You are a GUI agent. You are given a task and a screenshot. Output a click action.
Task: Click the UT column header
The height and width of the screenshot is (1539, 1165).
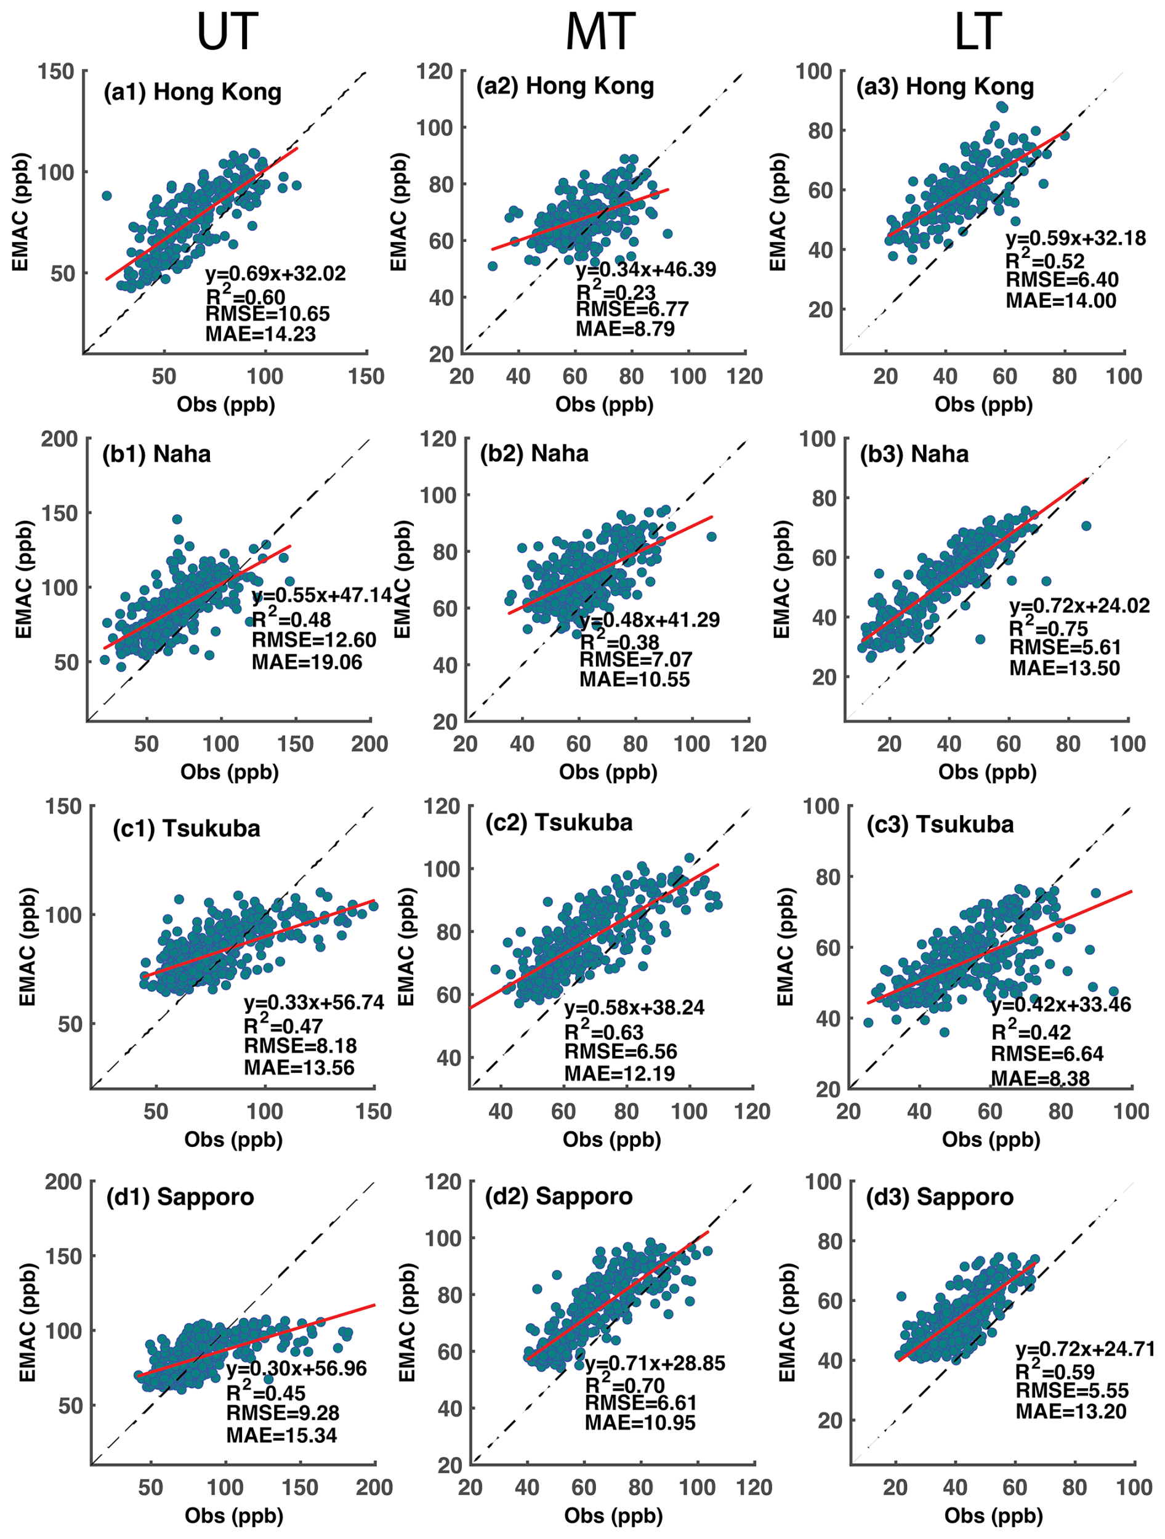click(228, 31)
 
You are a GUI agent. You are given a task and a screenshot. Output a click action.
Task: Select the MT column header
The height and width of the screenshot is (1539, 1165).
click(600, 31)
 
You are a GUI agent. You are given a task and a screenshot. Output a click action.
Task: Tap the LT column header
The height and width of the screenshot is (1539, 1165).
click(978, 31)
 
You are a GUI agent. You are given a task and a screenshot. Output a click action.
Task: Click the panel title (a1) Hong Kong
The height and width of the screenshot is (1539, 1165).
click(192, 92)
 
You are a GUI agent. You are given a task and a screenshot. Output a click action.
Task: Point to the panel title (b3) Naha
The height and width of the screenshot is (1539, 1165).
click(914, 454)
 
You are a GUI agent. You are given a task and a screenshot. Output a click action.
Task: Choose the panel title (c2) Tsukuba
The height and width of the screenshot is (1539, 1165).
click(559, 822)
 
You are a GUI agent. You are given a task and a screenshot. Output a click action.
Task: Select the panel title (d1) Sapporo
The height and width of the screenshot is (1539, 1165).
click(180, 1197)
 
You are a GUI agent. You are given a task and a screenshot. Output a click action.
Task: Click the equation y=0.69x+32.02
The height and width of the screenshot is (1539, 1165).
click(276, 273)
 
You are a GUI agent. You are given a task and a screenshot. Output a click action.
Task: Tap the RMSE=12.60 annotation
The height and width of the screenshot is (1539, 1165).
click(314, 640)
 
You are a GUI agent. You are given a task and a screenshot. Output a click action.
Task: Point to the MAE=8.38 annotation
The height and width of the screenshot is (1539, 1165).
click(1041, 1078)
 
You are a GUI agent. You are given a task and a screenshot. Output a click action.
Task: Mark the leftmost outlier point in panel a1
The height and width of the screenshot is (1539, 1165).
click(107, 196)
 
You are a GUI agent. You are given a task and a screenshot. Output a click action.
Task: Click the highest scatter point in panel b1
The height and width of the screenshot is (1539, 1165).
click(177, 519)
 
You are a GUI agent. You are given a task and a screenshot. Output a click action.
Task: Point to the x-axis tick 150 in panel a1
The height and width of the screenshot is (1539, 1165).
click(366, 376)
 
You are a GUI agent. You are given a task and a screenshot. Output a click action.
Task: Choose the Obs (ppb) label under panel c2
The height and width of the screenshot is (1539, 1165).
click(611, 1139)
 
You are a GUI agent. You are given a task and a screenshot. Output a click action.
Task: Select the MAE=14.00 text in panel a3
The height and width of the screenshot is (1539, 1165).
click(1060, 300)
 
